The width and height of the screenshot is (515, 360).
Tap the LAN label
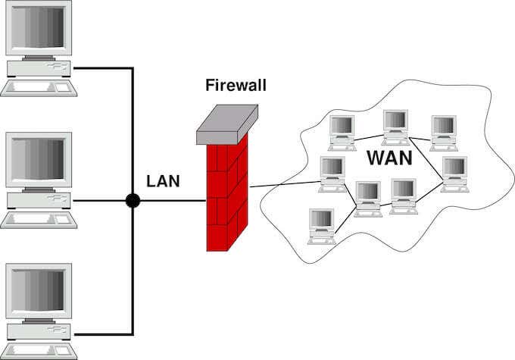163,181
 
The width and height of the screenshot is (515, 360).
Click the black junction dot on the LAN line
133,201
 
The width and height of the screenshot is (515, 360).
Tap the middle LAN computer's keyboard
39,221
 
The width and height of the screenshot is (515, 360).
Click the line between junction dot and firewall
170,201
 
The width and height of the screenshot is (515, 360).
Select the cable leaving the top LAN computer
102,68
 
